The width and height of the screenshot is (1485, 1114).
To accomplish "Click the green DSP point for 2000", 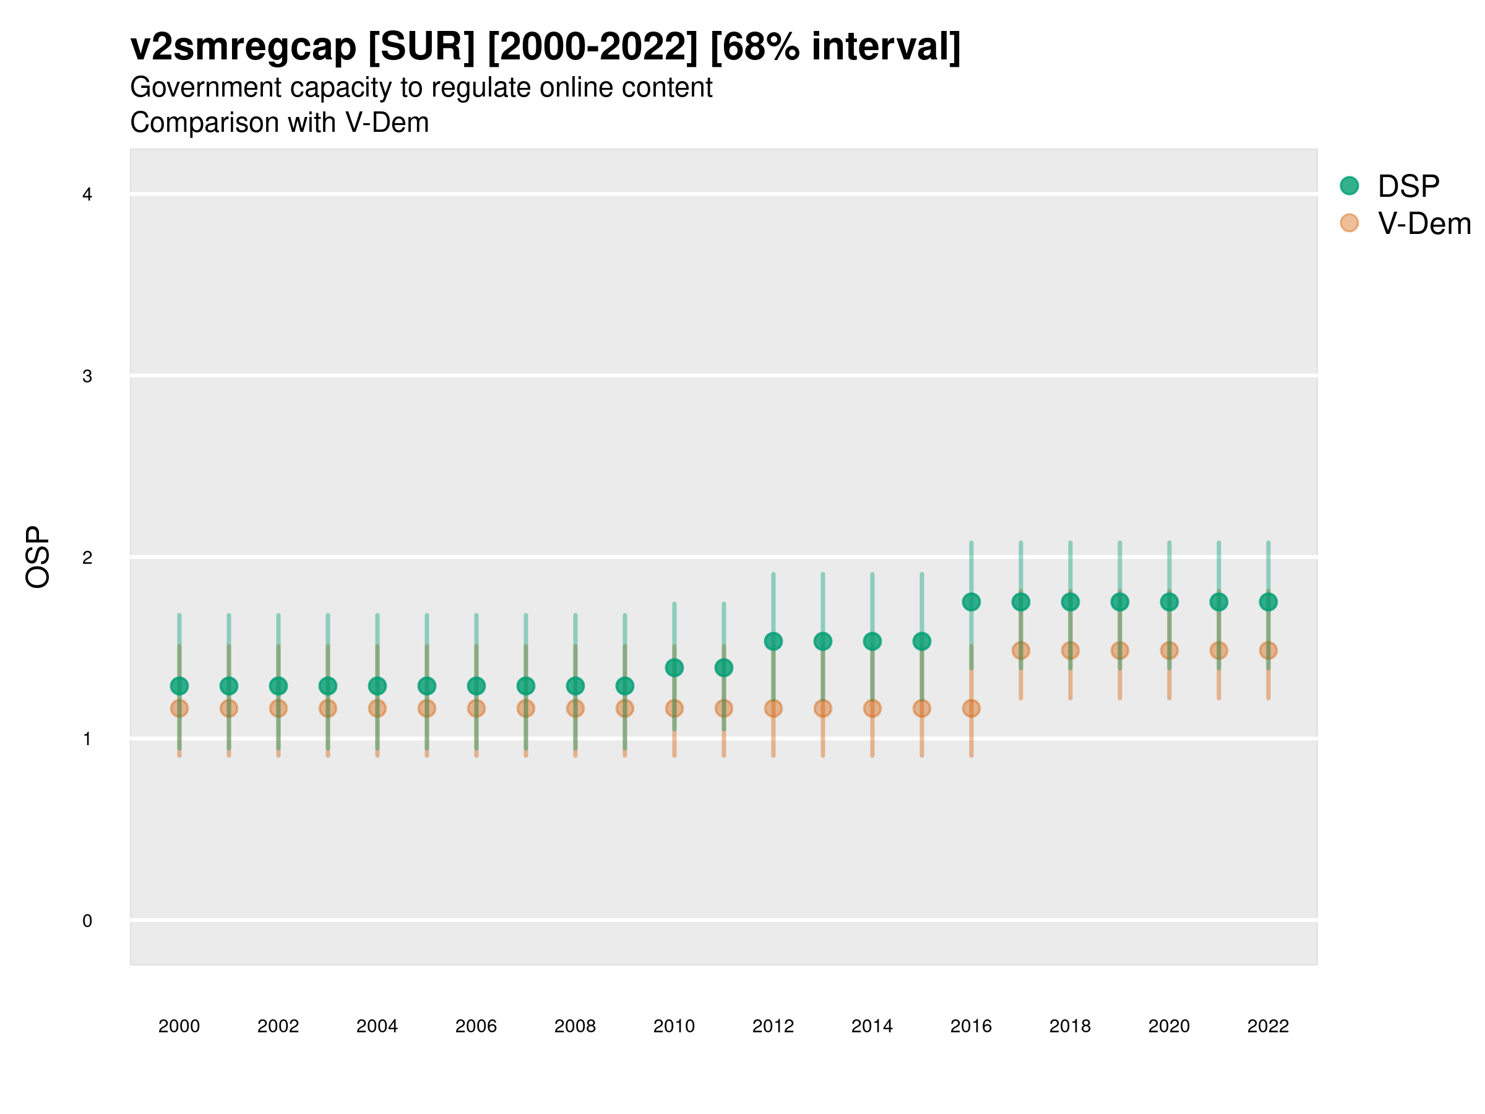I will (x=179, y=686).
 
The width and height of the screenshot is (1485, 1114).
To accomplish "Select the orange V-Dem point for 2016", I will (x=971, y=709).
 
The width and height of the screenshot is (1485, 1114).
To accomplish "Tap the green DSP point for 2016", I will (x=971, y=602).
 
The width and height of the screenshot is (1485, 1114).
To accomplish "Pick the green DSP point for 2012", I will (x=773, y=641).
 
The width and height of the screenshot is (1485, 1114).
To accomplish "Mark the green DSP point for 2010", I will (x=674, y=667).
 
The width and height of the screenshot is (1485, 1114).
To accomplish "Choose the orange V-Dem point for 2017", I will (x=1020, y=650).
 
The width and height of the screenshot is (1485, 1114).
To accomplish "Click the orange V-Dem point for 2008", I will (x=575, y=709).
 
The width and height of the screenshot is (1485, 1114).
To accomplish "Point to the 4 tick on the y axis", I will (x=87, y=195).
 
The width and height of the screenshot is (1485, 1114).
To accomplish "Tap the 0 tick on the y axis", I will (x=87, y=921).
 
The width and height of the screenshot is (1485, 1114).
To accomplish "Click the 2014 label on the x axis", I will (x=871, y=1026).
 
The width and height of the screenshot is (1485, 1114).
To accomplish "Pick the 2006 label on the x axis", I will (x=476, y=1026).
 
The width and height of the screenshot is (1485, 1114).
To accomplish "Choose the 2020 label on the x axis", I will (x=1169, y=1026).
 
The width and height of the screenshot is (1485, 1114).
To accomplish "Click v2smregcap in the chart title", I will (x=243, y=47).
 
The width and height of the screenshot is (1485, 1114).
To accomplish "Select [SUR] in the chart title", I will (x=421, y=47).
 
